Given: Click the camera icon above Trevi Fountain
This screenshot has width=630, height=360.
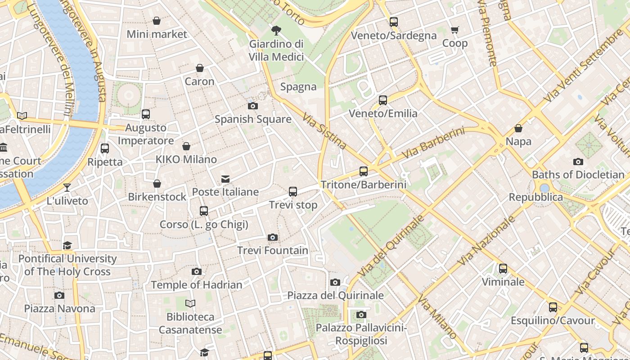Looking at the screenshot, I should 272,237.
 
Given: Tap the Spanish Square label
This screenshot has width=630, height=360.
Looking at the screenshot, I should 253,119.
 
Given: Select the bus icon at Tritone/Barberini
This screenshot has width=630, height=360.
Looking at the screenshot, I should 363,171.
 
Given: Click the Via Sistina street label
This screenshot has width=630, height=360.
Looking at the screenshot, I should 324,131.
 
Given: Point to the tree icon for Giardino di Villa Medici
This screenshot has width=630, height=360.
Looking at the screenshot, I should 276,31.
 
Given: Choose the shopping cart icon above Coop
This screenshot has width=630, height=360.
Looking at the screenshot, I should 454,30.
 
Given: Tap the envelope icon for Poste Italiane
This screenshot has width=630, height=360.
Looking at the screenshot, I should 225,179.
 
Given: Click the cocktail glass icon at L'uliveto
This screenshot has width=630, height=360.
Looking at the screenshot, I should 67,187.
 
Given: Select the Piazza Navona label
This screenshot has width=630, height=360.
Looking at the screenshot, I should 59,309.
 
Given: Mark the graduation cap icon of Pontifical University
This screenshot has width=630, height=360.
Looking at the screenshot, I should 67,245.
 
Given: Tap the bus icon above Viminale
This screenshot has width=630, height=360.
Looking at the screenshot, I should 503,269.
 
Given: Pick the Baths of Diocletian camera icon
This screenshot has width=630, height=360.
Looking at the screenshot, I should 578,162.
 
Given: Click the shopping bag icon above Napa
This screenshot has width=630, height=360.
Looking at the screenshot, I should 518,128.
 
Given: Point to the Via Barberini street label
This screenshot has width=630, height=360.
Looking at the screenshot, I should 432,143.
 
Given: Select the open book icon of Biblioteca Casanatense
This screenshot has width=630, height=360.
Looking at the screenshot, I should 190,303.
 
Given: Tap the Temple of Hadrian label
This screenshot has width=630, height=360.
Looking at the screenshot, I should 197,285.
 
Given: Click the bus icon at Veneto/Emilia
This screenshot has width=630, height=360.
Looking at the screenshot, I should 382,100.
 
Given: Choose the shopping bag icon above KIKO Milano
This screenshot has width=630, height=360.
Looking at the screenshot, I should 186,146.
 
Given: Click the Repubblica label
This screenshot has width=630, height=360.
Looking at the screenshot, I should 535,197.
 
